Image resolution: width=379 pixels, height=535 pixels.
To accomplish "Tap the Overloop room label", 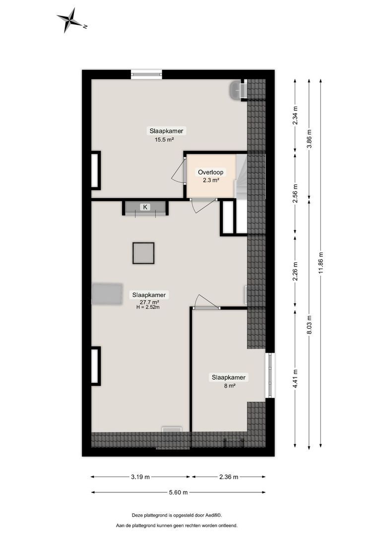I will coord(210,172).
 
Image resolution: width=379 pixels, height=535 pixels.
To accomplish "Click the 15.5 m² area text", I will coord(164,140).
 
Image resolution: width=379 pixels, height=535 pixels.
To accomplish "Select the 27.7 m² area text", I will coord(149,302).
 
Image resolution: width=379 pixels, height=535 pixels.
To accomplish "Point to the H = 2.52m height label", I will coord(148,307).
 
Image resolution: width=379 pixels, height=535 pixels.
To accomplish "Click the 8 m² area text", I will coord(229,385).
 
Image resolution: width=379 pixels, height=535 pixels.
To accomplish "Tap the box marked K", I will coord(145,207).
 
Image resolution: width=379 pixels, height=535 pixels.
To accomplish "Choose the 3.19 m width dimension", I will coord(141,477).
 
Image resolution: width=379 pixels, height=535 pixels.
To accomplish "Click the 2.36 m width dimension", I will coord(228,477).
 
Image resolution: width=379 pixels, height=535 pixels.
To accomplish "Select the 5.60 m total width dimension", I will coord(178,492).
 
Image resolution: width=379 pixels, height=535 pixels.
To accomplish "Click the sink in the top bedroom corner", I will coord(237,90).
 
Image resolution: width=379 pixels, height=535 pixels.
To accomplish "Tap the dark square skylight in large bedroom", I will coord(143,253).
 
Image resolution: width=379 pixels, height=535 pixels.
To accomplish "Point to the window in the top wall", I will coord(146,75).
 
